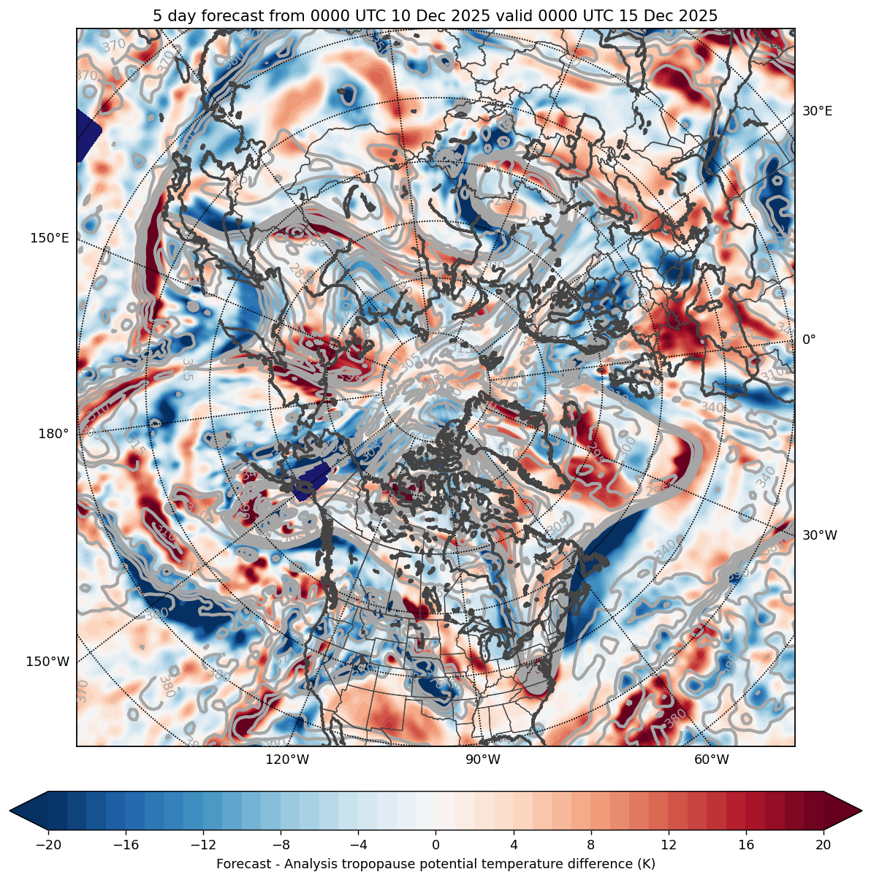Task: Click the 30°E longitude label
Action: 817,112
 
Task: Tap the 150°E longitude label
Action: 50,238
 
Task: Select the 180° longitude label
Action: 53,434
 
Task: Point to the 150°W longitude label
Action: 47,662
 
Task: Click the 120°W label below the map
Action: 287,760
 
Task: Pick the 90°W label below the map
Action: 483,760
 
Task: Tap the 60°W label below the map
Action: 711,760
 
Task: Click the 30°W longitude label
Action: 820,535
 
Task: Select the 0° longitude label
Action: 809,340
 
